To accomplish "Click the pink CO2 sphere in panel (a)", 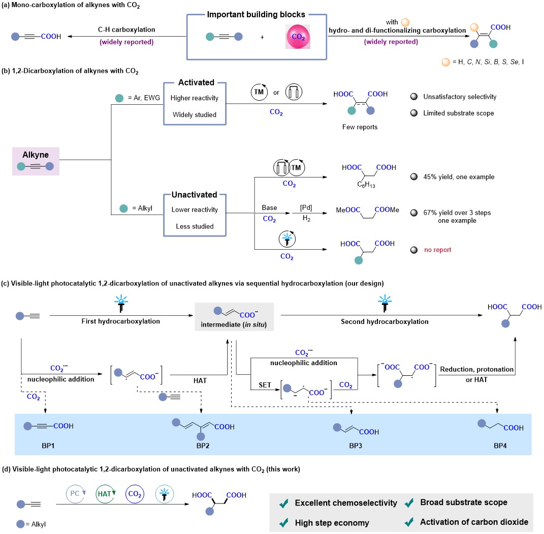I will (300, 37).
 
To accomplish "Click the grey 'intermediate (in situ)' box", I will (235, 316).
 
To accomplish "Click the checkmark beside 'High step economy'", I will (284, 522).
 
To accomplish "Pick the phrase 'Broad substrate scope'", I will (464, 502).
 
